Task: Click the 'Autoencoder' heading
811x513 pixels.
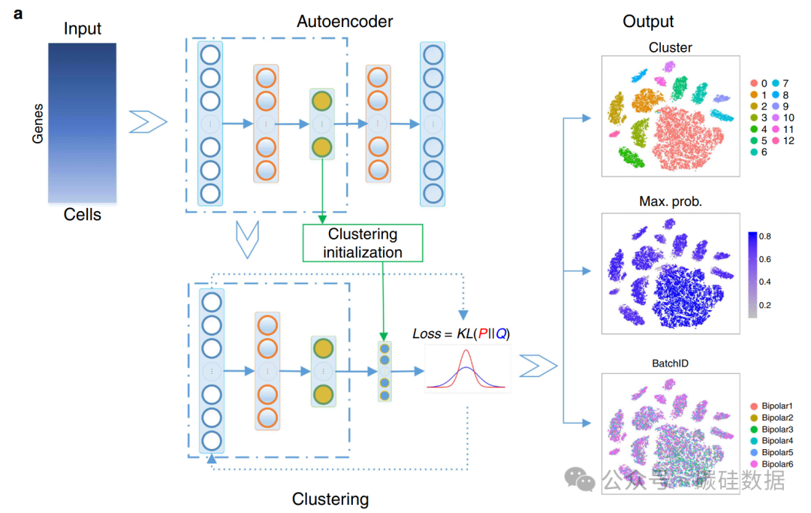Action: [345, 22]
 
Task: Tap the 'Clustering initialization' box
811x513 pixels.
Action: [363, 243]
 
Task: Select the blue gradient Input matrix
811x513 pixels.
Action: [82, 122]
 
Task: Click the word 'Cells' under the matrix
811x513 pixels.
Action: [82, 215]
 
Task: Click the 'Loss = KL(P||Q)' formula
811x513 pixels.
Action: [461, 333]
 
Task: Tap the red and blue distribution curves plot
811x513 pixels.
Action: [467, 369]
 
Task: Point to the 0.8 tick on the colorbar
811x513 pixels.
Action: [766, 236]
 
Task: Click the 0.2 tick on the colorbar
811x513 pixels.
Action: [766, 306]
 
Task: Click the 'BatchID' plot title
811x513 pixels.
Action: [670, 363]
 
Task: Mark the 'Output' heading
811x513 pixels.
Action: [648, 22]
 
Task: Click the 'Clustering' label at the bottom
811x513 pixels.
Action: [330, 499]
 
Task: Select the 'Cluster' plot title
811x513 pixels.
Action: [670, 47]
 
